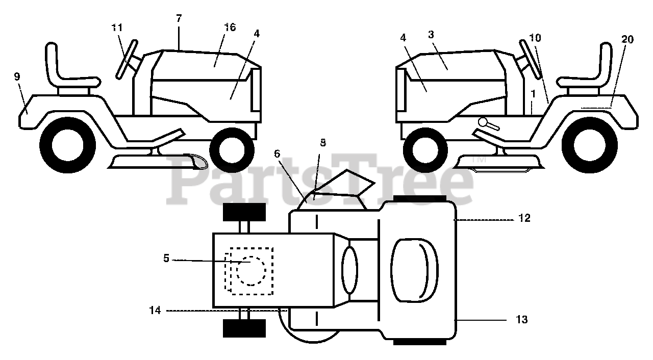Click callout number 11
click(117, 28)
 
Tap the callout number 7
click(179, 18)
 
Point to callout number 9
click(17, 77)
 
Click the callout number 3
click(431, 35)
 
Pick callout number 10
click(535, 38)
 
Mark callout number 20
click(627, 39)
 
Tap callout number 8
click(322, 143)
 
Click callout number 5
click(166, 259)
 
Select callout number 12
click(524, 218)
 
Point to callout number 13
click(521, 320)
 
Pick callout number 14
click(155, 310)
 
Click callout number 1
click(533, 94)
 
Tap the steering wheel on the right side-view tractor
click(531, 59)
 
